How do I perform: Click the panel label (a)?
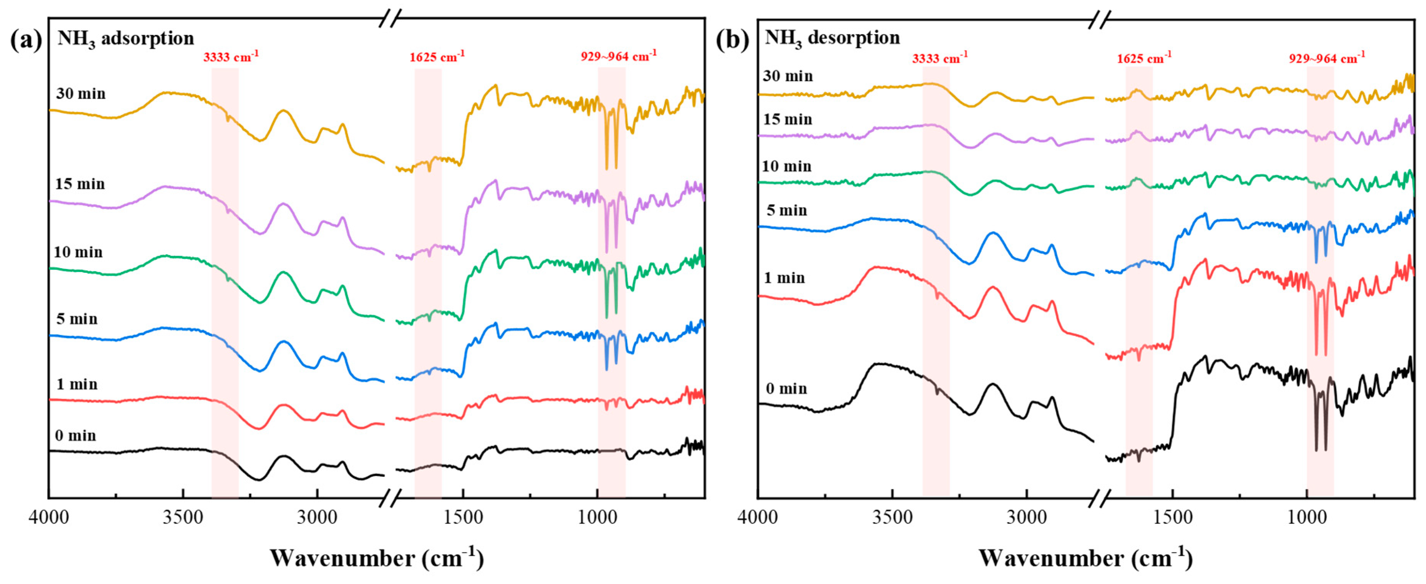[x=25, y=40]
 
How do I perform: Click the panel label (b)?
[x=732, y=40]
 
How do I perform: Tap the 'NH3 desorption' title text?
[x=832, y=38]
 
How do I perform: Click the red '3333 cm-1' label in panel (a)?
[x=230, y=57]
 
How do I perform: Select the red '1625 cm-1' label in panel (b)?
[x=1143, y=58]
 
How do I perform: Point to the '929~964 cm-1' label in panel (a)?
[x=618, y=56]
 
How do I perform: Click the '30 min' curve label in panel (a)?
[x=81, y=93]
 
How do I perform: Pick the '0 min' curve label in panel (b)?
[x=786, y=388]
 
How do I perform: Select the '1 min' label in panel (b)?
[x=784, y=278]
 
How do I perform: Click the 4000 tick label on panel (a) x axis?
[x=49, y=518]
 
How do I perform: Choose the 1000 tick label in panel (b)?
[x=1307, y=518]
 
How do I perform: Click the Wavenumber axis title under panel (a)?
[x=376, y=557]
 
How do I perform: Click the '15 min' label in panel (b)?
[x=787, y=119]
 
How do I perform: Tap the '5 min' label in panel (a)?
[x=77, y=319]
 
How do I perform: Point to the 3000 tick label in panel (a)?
[x=317, y=518]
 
